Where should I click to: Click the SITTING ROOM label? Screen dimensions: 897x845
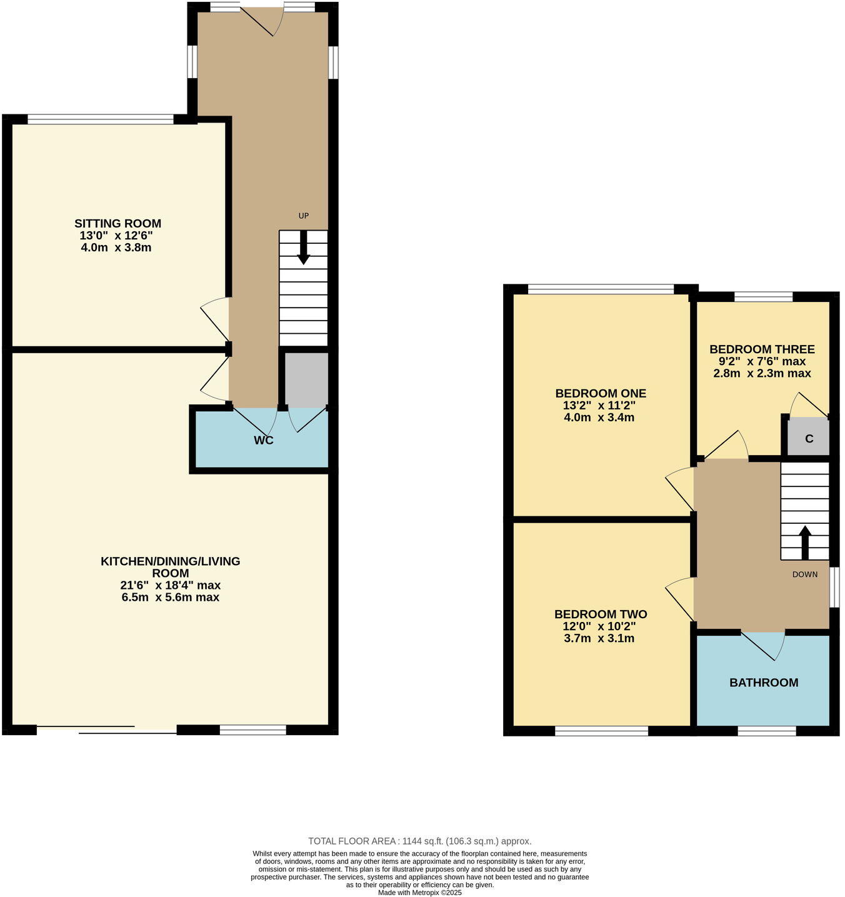click(x=117, y=223)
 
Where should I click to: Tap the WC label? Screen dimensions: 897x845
click(x=263, y=440)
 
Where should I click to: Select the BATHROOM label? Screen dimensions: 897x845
click(x=763, y=683)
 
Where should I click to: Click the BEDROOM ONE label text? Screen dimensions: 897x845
click(x=600, y=393)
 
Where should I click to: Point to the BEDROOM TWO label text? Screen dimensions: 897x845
click(x=600, y=614)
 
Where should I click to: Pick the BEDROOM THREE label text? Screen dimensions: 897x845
click(x=762, y=349)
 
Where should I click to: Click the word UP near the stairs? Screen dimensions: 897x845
click(x=303, y=216)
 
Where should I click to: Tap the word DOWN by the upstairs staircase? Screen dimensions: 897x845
click(x=804, y=574)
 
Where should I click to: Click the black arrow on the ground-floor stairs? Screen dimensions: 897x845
click(x=303, y=248)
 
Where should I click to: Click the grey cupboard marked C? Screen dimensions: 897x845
click(x=808, y=438)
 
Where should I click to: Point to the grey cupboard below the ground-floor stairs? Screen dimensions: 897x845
click(x=306, y=379)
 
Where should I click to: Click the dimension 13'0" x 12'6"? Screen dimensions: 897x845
click(x=116, y=236)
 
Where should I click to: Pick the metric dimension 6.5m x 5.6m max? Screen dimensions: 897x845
click(x=170, y=597)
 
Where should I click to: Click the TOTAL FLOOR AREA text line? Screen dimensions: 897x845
click(x=419, y=841)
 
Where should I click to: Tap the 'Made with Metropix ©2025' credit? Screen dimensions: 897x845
click(x=419, y=893)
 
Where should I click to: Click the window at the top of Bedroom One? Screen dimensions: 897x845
click(x=601, y=289)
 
